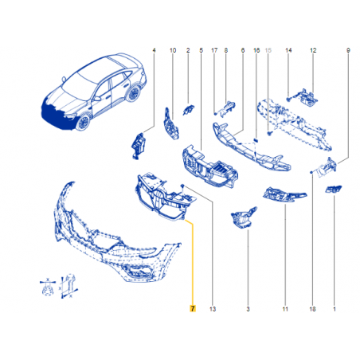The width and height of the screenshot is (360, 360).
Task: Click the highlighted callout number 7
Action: [193, 308]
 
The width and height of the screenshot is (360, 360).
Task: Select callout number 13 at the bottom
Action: [213, 309]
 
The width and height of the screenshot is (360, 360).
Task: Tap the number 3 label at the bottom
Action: [248, 309]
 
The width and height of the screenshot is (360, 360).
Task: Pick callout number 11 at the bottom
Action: [285, 309]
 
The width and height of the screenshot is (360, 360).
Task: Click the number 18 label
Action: [312, 309]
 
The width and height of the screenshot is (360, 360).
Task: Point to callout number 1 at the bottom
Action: [335, 309]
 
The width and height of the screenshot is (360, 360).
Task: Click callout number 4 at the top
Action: [154, 50]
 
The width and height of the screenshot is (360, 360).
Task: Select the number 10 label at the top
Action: [173, 50]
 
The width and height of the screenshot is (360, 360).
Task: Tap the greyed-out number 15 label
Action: [268, 50]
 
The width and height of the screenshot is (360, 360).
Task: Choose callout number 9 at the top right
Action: [348, 50]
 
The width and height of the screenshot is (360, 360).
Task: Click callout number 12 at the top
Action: [313, 50]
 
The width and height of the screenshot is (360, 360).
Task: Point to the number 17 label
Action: [214, 50]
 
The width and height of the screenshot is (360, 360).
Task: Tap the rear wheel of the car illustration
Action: [133, 93]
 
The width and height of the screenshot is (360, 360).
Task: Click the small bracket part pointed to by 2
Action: [188, 110]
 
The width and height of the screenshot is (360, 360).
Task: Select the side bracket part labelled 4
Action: [139, 146]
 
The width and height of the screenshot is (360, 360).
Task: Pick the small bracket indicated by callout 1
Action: [334, 189]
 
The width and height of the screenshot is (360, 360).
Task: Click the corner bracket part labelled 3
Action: [242, 218]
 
